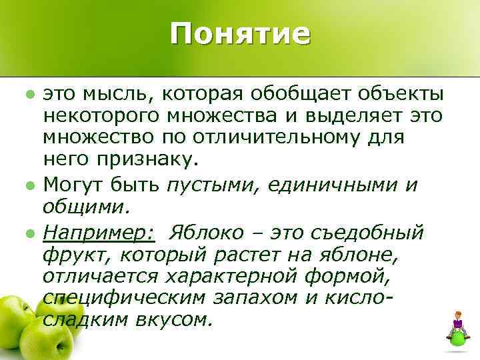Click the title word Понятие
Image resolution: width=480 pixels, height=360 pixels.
239,33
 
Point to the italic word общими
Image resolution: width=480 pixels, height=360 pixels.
83,205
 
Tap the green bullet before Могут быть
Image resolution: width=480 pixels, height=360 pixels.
31,183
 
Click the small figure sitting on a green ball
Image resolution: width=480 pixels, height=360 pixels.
458,327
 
